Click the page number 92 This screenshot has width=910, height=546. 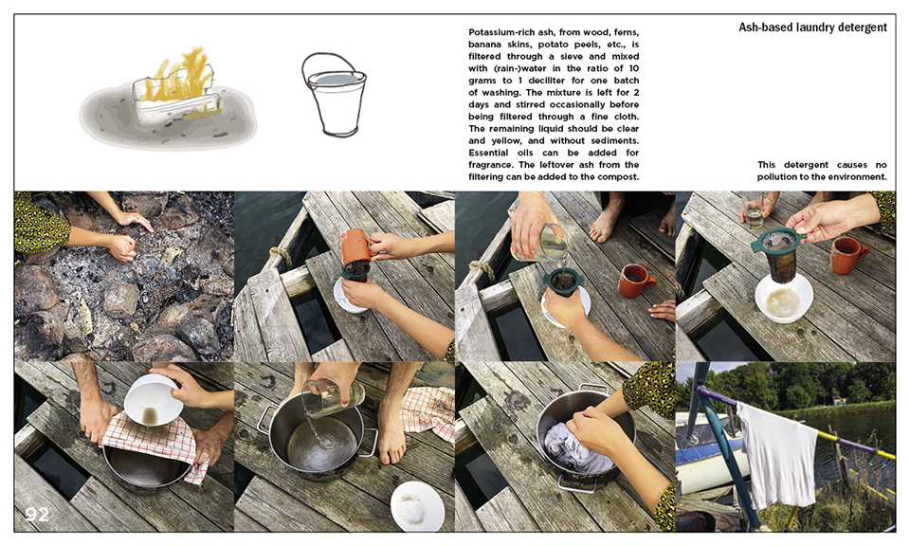[37, 514]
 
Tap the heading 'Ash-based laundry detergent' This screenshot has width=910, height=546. [812, 27]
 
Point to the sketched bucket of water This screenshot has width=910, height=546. [335, 95]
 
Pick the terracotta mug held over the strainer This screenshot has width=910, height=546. [355, 246]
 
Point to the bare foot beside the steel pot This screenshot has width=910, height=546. [391, 431]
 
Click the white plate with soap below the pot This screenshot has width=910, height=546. [417, 506]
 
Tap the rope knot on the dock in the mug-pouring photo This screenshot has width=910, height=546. [281, 256]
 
